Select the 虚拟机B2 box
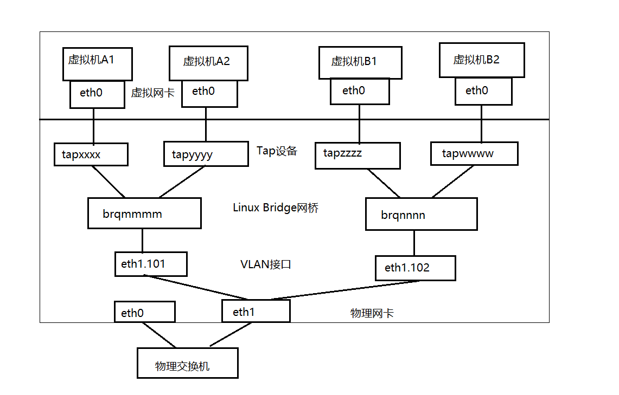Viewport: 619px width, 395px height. [x=482, y=60]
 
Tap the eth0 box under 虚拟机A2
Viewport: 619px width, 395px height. [x=209, y=93]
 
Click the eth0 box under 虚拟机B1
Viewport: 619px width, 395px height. [x=360, y=91]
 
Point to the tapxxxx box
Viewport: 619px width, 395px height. [x=91, y=154]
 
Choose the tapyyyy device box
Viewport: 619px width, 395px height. [x=206, y=154]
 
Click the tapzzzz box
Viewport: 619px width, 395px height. [x=358, y=156]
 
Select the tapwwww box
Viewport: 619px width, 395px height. [x=474, y=153]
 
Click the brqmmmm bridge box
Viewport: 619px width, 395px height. [x=144, y=213]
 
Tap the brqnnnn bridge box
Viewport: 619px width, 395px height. [x=421, y=214]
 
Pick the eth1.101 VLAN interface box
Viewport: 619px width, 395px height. [x=151, y=264]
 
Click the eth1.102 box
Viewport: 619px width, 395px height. [x=415, y=268]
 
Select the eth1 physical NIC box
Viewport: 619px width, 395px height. [x=256, y=312]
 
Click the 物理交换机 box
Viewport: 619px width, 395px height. [x=187, y=363]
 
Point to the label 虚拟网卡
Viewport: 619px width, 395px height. [x=152, y=93]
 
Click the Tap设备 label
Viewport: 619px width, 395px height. [x=277, y=151]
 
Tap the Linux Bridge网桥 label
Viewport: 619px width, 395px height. [x=275, y=208]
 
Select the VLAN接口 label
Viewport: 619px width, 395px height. [x=266, y=264]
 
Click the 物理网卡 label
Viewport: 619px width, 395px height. [x=372, y=313]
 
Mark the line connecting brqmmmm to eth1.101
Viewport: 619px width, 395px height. [x=143, y=240]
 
